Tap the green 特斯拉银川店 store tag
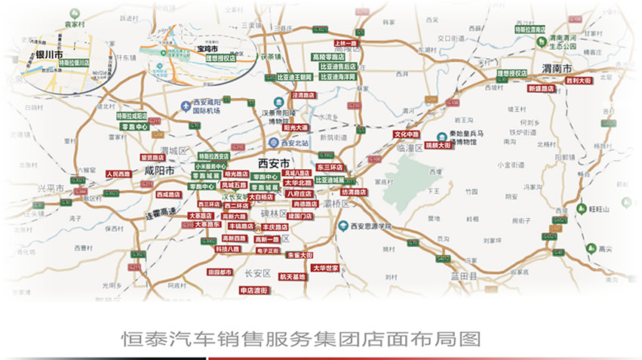pos(75,63)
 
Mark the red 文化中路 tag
pos(406,134)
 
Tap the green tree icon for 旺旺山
pos(581,208)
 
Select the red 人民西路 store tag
pos(118,174)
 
